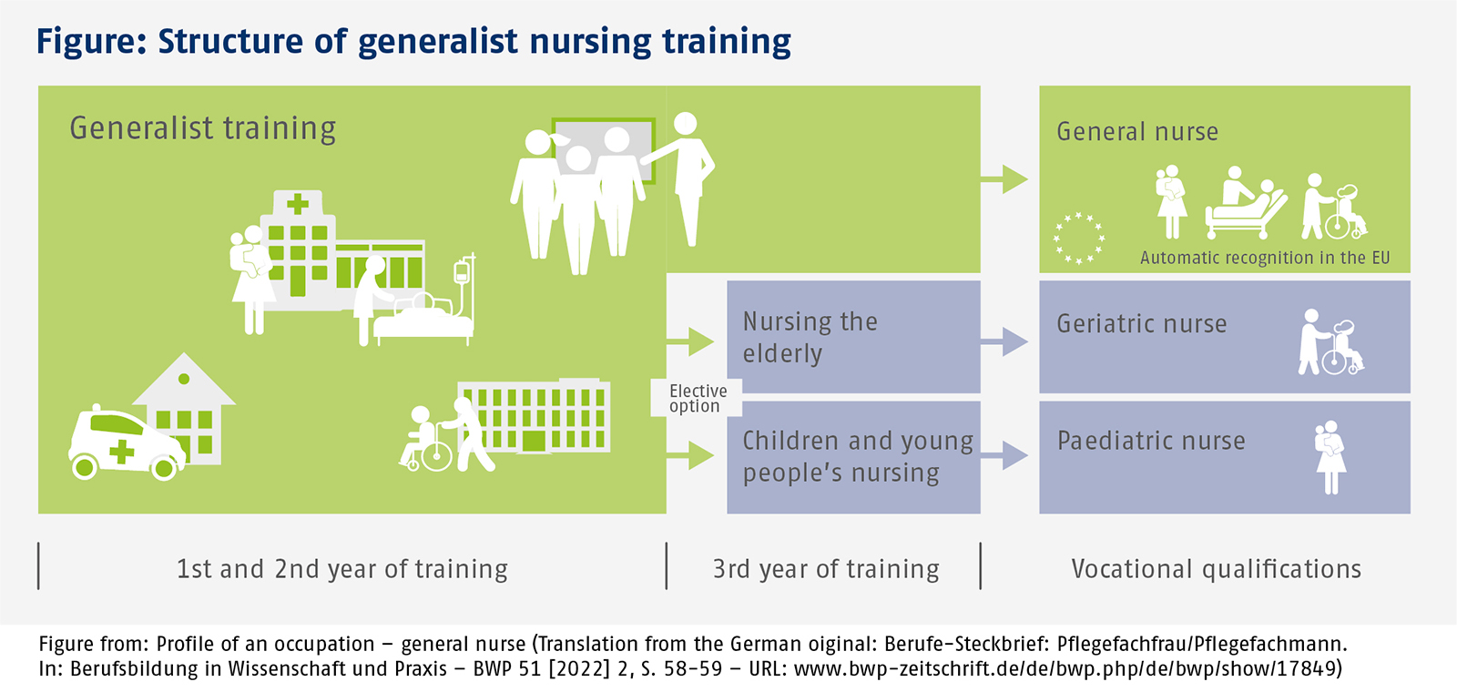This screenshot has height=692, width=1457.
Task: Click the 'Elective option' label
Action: pos(698,398)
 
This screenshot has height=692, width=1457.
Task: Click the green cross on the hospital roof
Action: pos(298,204)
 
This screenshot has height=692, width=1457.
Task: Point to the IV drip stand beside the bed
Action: pos(464,286)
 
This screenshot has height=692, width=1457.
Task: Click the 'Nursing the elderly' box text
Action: pos(810,338)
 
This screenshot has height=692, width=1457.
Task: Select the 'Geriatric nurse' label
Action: pos(1142,323)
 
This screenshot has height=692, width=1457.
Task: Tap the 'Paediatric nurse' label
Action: pos(1151,441)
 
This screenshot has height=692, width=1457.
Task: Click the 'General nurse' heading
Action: pos(1137,131)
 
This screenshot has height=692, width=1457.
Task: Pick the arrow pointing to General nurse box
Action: pos(1004,178)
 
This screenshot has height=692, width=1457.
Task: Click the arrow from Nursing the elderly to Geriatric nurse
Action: pos(1004,341)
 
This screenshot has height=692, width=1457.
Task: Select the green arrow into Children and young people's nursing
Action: pos(691,455)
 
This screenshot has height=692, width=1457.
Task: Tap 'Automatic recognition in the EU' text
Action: pos(1265,258)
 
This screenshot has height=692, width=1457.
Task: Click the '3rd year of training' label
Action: pos(826,569)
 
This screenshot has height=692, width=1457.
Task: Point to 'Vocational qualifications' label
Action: pos(1217,569)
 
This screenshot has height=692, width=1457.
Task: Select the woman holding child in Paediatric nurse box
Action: pos(1330,457)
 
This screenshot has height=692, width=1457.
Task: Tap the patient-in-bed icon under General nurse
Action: pos(1245,202)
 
